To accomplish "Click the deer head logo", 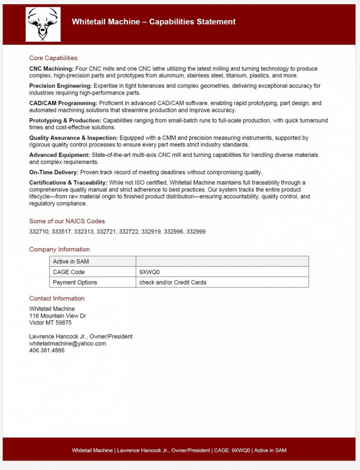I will point(43,24).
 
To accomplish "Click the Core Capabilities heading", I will point(53,58).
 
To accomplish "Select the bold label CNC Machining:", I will point(51,69).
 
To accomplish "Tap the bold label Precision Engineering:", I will point(60,86).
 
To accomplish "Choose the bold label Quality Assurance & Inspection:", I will point(73,138).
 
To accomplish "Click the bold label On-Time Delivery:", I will point(54,172).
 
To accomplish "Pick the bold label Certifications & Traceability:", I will point(68,183).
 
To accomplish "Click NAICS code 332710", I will point(38,232).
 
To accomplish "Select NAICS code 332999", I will point(196,232).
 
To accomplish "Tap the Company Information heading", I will point(60,249).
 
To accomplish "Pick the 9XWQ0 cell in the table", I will point(149,272).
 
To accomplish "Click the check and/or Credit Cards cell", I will point(173,282).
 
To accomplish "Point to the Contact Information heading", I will point(57,298).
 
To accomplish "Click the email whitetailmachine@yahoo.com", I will point(68,343).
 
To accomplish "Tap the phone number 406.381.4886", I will point(47,351).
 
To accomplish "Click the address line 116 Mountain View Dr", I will point(58,316).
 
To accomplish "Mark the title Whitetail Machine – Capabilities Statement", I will point(154,22).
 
